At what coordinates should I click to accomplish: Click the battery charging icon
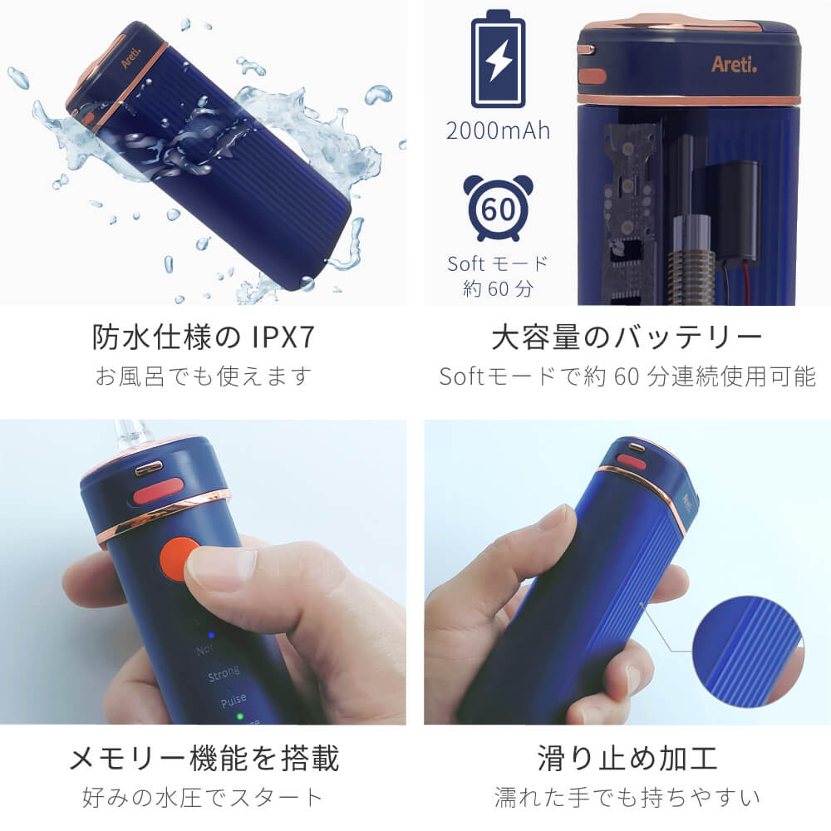click(x=498, y=59)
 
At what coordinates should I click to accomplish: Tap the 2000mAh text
click(x=498, y=130)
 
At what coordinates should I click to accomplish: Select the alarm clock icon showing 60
click(x=498, y=207)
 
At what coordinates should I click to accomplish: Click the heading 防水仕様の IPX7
click(x=204, y=337)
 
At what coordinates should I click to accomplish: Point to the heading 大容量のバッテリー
click(x=627, y=337)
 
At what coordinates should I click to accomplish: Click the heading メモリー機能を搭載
click(x=204, y=758)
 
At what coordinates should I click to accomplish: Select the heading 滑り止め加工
click(x=627, y=758)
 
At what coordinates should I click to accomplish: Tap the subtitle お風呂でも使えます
click(x=204, y=376)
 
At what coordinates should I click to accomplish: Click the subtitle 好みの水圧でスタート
click(x=203, y=797)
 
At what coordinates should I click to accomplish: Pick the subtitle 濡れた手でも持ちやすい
click(x=627, y=797)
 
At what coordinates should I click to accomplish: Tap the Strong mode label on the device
click(x=224, y=674)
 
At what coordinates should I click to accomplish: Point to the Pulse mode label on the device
click(x=234, y=701)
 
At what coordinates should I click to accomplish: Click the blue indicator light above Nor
click(x=210, y=634)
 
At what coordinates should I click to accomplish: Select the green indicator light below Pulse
click(x=240, y=717)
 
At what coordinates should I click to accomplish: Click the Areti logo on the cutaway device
click(x=734, y=64)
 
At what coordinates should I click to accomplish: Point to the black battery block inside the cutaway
click(x=730, y=209)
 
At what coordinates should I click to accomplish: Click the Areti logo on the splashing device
click(x=131, y=58)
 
